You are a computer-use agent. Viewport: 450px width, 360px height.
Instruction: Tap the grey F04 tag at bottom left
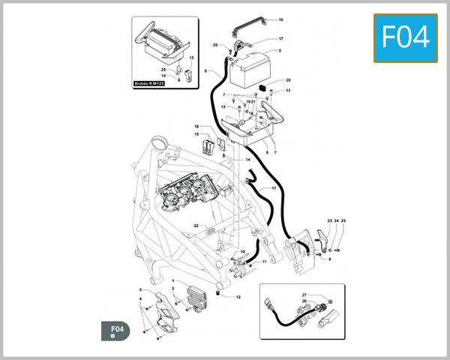pos(116,330)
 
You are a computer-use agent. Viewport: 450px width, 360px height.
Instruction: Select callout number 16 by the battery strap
pos(280,20)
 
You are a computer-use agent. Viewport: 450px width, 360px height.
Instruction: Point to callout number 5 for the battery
pos(280,51)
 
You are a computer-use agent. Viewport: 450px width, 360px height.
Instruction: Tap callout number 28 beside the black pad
pos(287,80)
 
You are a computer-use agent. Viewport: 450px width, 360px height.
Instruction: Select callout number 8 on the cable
pos(205,71)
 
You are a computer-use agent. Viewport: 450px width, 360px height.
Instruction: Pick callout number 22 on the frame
pos(195,225)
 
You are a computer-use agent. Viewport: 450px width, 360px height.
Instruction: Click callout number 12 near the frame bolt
pos(238,298)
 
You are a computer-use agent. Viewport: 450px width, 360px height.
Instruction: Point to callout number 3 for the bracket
pos(140,289)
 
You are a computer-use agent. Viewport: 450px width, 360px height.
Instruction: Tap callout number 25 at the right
pos(343,220)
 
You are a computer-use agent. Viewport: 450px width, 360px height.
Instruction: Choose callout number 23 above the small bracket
pos(329,220)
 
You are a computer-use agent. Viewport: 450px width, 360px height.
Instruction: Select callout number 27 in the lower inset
pos(304,295)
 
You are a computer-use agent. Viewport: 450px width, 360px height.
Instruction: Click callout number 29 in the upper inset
pos(163,70)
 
